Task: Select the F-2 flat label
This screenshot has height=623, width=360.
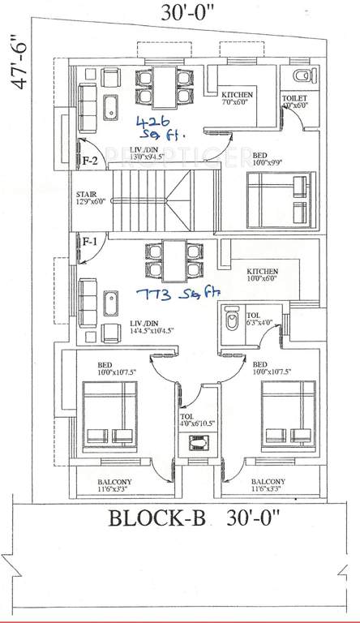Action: (x=90, y=161)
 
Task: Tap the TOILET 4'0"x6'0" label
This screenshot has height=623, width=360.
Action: (x=297, y=102)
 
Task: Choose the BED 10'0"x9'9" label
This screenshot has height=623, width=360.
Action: (x=263, y=159)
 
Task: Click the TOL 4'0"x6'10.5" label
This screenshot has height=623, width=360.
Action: (x=195, y=422)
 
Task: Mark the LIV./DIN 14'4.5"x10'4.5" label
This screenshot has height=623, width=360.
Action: (x=154, y=327)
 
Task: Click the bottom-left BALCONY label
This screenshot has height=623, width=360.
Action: (x=111, y=486)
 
